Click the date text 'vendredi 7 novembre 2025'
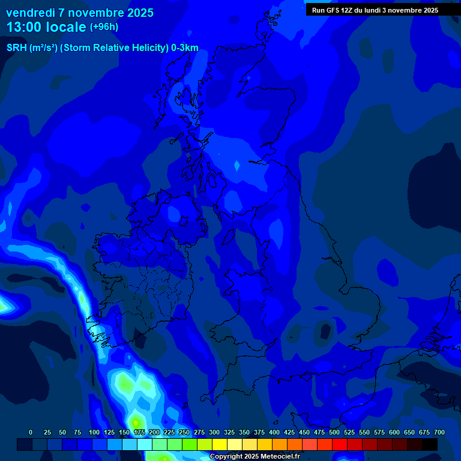tap(80, 13)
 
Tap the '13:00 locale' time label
tap(46, 27)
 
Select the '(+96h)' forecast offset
tap(104, 27)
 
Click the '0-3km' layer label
tap(184, 48)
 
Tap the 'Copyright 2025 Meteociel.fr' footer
tap(255, 457)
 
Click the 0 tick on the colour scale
tap(31, 432)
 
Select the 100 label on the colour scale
tap(94, 432)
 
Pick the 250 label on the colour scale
tap(184, 432)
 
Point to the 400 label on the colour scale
tap(274, 432)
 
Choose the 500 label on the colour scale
tap(334, 432)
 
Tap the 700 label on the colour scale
tap(439, 432)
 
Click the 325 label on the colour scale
tap(229, 432)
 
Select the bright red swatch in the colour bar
tap(340, 445)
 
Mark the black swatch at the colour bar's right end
tap(430, 445)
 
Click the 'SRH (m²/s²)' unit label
tap(32, 48)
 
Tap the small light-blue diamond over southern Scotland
tap(237, 165)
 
